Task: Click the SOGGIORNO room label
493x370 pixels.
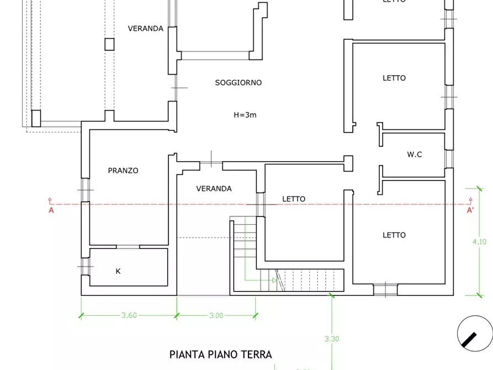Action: (x=238, y=83)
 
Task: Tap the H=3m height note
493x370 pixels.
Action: (x=245, y=115)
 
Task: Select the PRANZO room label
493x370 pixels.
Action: (x=123, y=171)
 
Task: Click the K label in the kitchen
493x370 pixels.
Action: (x=118, y=271)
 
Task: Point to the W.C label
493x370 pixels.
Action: (x=415, y=155)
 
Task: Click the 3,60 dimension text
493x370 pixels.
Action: (x=129, y=315)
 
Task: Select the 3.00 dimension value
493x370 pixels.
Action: (x=216, y=315)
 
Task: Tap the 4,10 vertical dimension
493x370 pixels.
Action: (x=480, y=242)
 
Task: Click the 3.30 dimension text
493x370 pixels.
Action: (x=331, y=339)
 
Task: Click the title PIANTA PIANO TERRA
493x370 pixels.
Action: (x=220, y=355)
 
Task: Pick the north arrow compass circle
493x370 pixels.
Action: (x=474, y=332)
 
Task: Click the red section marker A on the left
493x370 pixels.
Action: (x=51, y=210)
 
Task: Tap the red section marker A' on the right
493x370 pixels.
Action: (x=470, y=210)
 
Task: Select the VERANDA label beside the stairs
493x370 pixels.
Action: (x=214, y=189)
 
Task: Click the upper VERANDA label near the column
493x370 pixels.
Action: (x=145, y=29)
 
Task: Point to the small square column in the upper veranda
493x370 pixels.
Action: (x=109, y=44)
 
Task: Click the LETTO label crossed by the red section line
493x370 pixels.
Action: (x=294, y=199)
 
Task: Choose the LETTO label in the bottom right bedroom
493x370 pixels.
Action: (x=394, y=235)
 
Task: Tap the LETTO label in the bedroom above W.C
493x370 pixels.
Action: (x=394, y=78)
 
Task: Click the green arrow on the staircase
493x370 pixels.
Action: (x=274, y=281)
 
